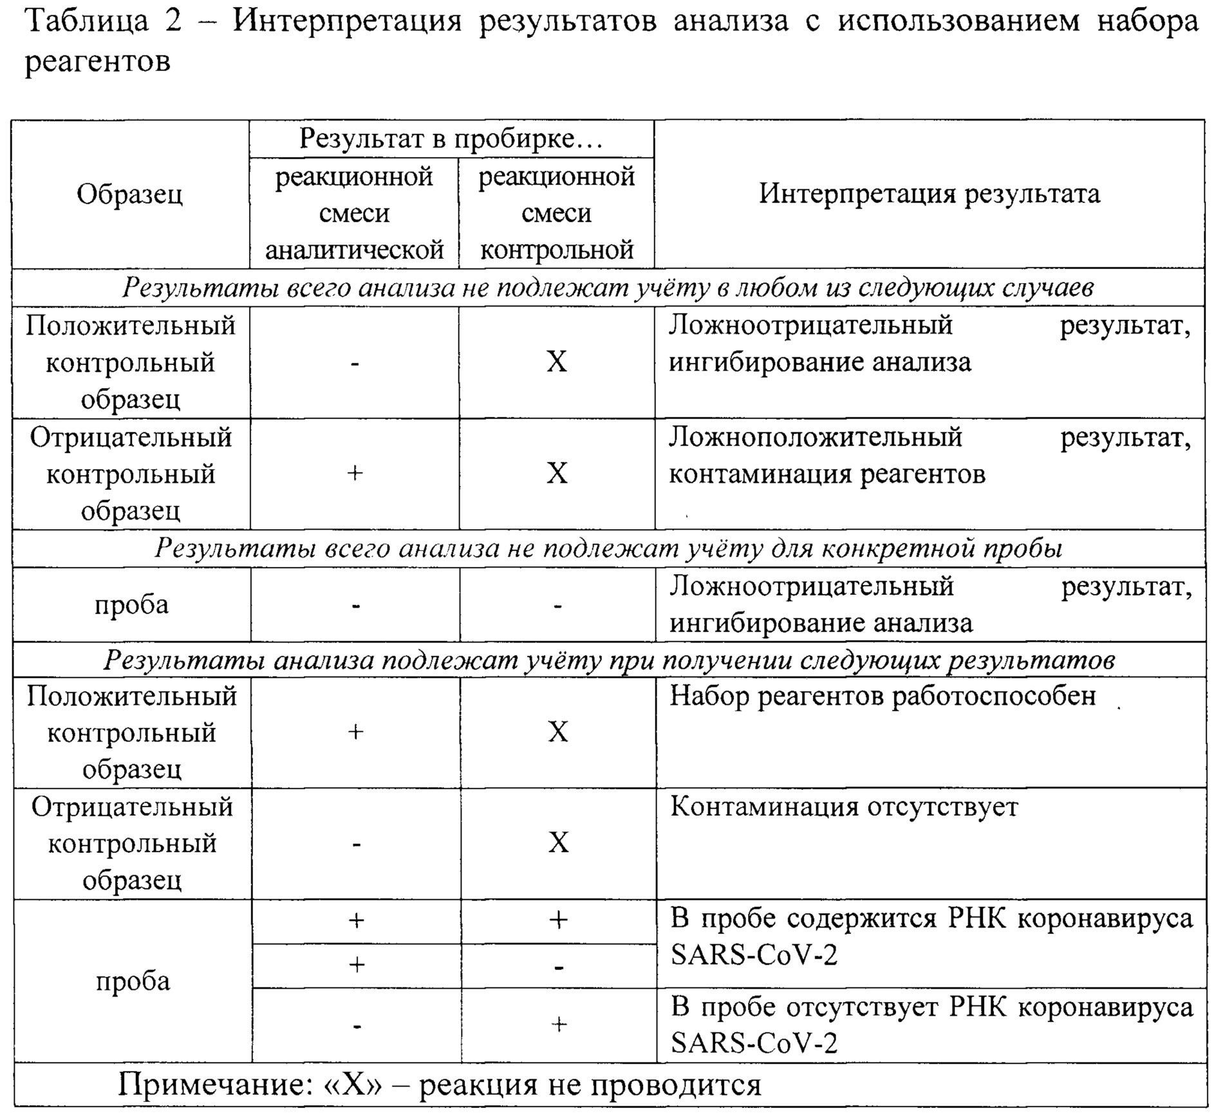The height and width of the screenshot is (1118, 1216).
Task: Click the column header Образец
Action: click(129, 194)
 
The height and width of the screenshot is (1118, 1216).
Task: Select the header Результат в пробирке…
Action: click(451, 138)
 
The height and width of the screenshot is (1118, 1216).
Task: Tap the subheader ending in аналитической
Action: click(354, 213)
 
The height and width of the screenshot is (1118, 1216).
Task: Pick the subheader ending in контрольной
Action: click(556, 213)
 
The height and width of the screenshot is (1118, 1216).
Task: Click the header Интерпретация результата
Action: click(929, 194)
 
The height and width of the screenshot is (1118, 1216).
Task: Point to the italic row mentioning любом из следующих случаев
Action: click(608, 288)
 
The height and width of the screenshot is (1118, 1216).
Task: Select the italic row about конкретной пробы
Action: click(608, 548)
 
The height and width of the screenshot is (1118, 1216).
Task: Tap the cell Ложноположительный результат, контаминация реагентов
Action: click(929, 456)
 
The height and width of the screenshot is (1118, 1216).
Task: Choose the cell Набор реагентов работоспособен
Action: click(882, 696)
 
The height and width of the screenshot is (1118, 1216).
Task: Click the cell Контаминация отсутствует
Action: click(844, 807)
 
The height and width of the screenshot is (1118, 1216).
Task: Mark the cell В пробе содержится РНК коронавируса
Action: click(931, 936)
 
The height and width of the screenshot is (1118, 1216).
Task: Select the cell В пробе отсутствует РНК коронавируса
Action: click(931, 1025)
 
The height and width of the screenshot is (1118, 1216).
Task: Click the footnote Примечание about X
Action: click(439, 1085)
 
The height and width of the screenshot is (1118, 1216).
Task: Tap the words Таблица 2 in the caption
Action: click(103, 21)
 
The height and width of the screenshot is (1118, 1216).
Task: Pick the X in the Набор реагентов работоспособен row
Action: click(557, 732)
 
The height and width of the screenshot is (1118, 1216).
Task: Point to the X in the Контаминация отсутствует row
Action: click(558, 843)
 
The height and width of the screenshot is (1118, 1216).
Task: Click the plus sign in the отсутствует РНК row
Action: click(559, 1024)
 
